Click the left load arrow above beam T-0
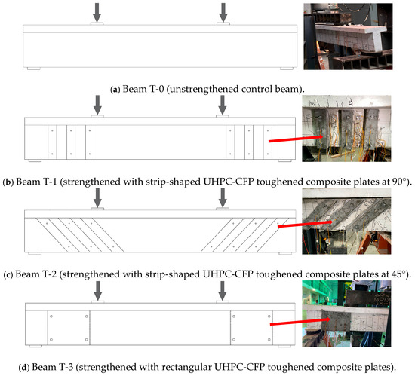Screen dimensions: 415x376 click(x=97, y=13)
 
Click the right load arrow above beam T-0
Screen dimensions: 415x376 click(x=223, y=13)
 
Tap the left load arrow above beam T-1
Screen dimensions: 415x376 click(x=97, y=105)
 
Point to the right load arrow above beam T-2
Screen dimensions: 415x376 click(x=223, y=198)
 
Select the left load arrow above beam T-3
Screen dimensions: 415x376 click(x=98, y=291)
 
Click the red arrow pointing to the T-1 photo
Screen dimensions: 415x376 click(x=296, y=139)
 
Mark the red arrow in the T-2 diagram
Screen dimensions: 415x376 click(x=305, y=224)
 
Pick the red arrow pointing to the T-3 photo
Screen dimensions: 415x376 click(x=300, y=322)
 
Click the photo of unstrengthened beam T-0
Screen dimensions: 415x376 click(x=348, y=36)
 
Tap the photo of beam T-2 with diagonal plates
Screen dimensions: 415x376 click(x=346, y=222)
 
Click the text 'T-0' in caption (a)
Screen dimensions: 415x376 click(x=157, y=89)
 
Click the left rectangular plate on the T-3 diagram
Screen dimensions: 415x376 click(x=69, y=328)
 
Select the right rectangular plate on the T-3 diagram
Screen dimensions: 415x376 click(x=251, y=328)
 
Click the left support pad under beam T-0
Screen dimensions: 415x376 click(x=34, y=69)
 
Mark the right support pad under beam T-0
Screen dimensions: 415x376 click(x=287, y=69)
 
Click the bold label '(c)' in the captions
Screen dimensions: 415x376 click(x=8, y=274)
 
